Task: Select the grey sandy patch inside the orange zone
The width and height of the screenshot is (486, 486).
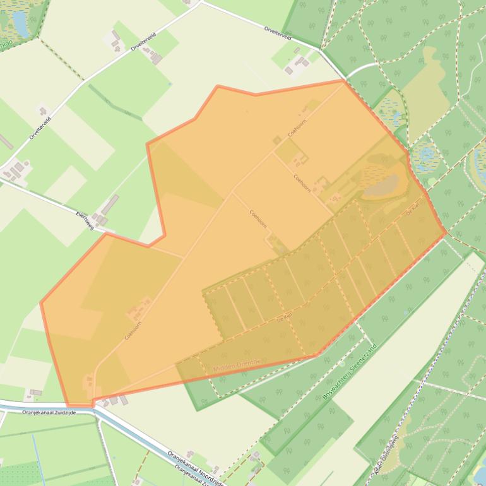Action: click(x=382, y=186)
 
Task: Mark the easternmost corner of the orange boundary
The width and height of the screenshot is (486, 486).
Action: click(x=446, y=232)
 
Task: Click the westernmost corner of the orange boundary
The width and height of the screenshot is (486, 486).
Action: click(x=41, y=303)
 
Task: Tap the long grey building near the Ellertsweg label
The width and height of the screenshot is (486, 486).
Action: click(x=110, y=204)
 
